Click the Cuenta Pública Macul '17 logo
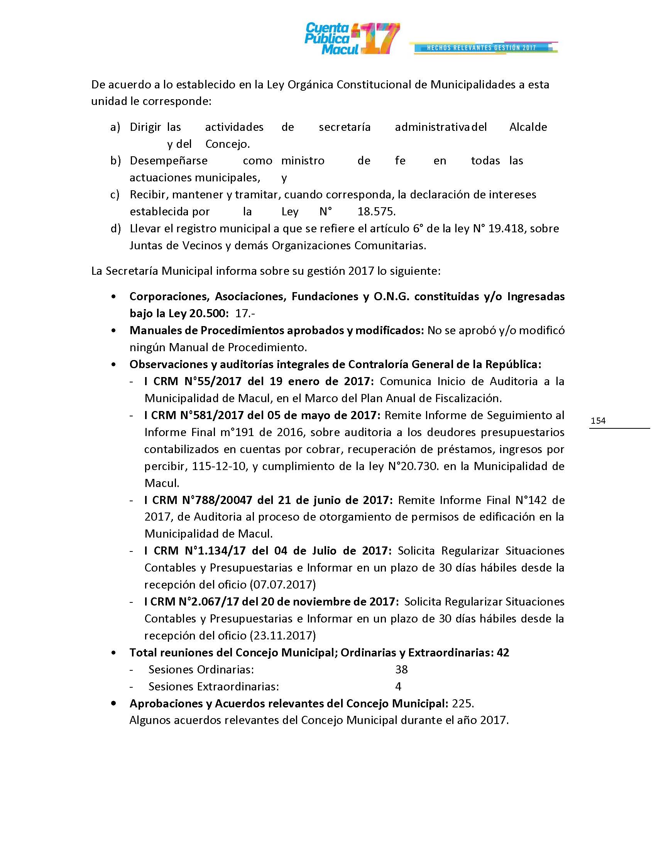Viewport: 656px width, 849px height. tap(352, 39)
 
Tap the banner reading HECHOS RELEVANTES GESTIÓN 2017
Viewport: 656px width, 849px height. tap(482, 48)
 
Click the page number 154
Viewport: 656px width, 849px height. tap(598, 420)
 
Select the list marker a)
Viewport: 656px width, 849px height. tap(115, 127)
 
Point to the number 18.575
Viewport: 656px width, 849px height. tap(376, 212)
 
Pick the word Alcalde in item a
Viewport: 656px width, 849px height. tap(528, 127)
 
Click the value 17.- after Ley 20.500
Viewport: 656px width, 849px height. tap(245, 313)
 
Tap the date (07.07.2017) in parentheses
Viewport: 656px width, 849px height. tap(282, 585)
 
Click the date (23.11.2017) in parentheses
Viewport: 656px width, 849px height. tap(282, 636)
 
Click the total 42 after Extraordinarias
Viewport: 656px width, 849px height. tap(502, 653)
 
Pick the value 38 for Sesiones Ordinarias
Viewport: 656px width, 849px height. tap(401, 670)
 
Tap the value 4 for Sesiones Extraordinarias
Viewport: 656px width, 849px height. tap(398, 687)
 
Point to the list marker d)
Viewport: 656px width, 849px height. tap(115, 228)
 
